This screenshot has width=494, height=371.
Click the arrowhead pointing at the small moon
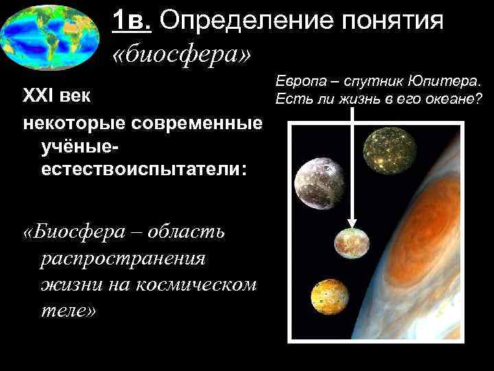(x=352, y=223)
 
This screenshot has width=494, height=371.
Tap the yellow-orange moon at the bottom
(x=328, y=300)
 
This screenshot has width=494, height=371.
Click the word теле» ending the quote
(x=69, y=311)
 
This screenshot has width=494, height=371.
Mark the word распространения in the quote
(x=123, y=258)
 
